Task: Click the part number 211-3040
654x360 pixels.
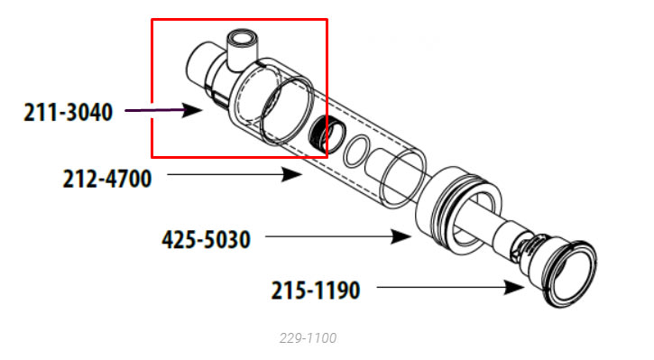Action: coord(68,112)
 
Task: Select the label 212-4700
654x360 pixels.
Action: coord(107,179)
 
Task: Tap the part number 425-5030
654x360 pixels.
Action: coord(206,239)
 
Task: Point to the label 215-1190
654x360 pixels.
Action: coord(316,291)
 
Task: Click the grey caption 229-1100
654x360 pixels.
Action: coord(308,337)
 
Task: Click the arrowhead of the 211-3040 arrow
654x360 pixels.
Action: coord(192,110)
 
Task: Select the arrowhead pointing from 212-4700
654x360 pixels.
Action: coord(291,174)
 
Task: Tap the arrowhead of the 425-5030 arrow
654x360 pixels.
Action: coord(401,236)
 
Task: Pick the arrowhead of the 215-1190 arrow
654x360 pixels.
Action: coord(514,288)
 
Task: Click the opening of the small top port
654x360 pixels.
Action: coord(243,39)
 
